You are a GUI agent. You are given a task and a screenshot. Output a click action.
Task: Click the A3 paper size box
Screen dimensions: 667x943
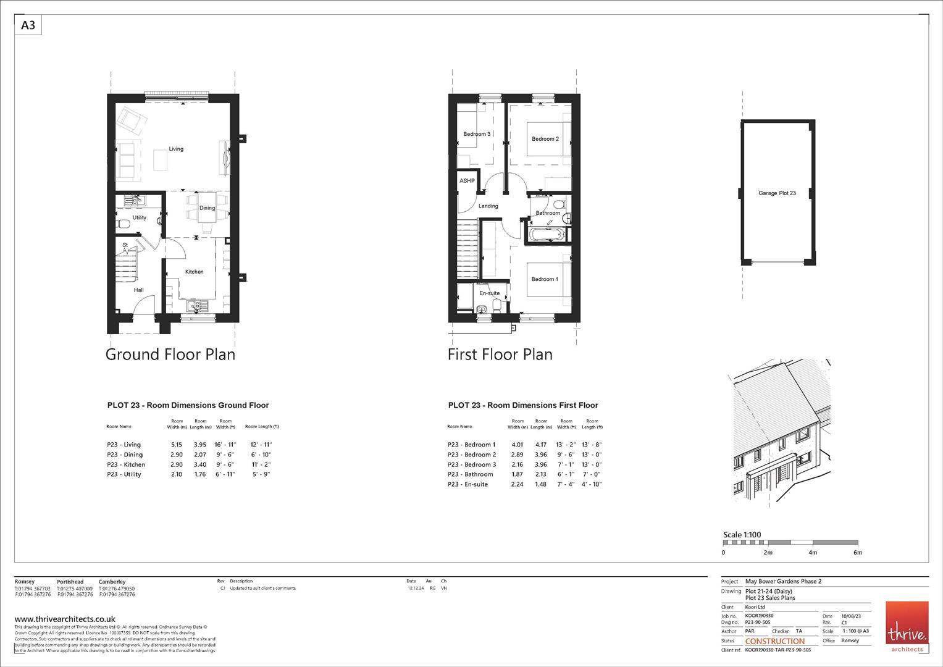point(28,25)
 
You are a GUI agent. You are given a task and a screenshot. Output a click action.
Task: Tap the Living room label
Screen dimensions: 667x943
point(176,149)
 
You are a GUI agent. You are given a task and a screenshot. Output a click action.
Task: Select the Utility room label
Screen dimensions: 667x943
point(140,217)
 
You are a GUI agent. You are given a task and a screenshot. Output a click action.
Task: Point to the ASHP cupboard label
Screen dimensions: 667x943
point(467,181)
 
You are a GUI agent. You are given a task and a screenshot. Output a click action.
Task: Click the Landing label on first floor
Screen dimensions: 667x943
point(488,206)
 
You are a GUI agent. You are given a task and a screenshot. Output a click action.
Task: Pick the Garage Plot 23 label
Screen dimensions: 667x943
point(777,193)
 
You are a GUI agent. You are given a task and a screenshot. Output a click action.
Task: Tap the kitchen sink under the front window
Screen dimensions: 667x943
point(198,306)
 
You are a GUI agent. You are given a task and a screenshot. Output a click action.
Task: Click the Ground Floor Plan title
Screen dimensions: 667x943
point(170,354)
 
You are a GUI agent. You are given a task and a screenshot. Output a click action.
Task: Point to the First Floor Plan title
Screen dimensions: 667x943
point(500,354)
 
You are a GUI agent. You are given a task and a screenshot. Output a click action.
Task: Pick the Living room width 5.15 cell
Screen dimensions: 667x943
point(177,445)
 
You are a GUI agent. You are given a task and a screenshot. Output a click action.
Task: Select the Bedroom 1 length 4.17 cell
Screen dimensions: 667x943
point(540,445)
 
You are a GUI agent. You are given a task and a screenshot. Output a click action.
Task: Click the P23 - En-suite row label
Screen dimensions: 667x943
point(467,484)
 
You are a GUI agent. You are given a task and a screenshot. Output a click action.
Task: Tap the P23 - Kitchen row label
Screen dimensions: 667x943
point(126,464)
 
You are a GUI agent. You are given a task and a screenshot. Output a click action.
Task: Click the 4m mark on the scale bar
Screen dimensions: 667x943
point(813,553)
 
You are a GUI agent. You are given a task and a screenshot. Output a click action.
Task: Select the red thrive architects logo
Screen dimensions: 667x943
point(907,626)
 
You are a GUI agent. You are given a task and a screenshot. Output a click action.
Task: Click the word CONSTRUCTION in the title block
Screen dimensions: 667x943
point(775,641)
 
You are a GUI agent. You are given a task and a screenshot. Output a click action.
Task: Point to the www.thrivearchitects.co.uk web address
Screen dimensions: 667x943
point(65,619)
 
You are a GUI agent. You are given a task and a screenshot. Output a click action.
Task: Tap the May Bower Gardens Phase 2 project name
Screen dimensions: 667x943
point(783,581)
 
